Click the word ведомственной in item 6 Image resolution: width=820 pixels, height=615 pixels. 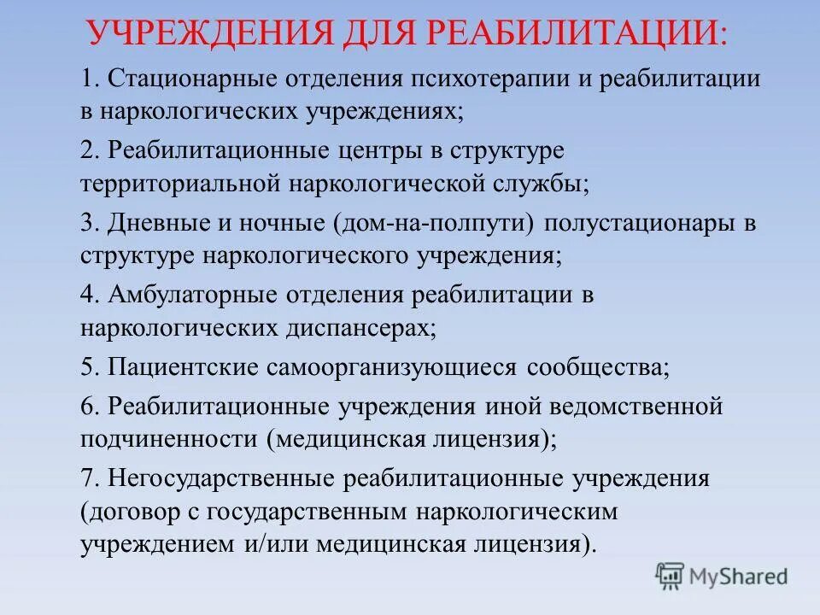[x=640, y=407]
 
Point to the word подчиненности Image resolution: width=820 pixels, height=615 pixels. [x=169, y=439]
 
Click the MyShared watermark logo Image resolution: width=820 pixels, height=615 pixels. [x=723, y=576]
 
